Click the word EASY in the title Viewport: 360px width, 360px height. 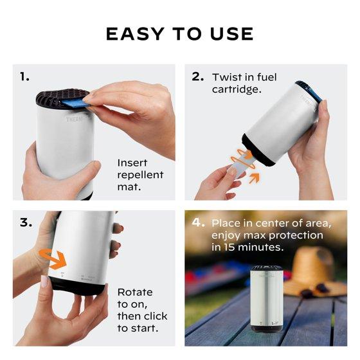(x=135, y=34)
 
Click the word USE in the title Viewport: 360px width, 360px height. (x=232, y=34)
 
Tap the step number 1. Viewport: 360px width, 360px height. (x=24, y=76)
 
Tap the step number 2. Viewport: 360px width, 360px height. (x=198, y=76)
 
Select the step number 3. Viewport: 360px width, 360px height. (x=26, y=222)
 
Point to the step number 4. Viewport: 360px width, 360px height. (x=198, y=222)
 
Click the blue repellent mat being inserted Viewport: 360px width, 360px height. (x=75, y=103)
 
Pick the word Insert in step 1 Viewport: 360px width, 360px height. (x=132, y=163)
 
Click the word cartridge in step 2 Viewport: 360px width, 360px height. (x=237, y=89)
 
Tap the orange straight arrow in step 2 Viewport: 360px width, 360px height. (x=254, y=178)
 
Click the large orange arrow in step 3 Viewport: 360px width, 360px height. (x=53, y=260)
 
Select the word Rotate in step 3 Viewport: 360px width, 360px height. (x=135, y=292)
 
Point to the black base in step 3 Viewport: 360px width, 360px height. (x=77, y=285)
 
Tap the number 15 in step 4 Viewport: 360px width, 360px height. (x=228, y=248)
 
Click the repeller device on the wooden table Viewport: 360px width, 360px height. (x=266, y=298)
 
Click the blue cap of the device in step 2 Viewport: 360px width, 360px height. (x=309, y=91)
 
